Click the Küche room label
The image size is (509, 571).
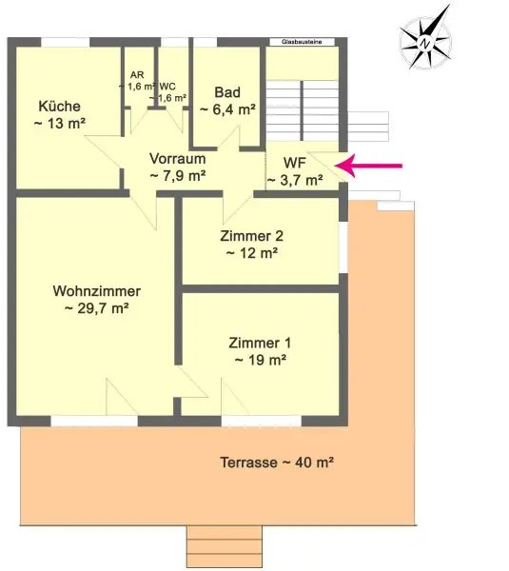[59, 106]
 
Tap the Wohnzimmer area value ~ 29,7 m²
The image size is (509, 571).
[96, 308]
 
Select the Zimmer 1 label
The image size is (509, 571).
[260, 343]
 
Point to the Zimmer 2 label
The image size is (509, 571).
[251, 236]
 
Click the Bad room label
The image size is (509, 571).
[227, 92]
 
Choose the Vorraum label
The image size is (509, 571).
[177, 159]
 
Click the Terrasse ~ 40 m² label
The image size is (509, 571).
[272, 463]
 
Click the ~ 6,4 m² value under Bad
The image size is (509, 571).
[227, 109]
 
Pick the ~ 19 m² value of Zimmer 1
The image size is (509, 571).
[260, 360]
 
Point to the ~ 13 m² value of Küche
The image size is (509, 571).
[59, 123]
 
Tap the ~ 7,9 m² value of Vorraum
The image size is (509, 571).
[177, 175]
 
